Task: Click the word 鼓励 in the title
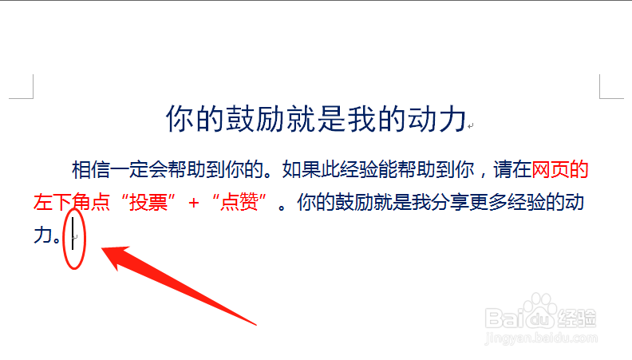click(255, 118)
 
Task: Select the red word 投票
click(148, 202)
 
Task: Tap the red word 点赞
click(239, 202)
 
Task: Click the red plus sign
click(194, 203)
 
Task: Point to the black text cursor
click(73, 233)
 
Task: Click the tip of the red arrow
click(101, 249)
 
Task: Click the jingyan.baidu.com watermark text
click(541, 338)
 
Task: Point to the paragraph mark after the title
click(470, 126)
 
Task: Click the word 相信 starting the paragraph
click(91, 169)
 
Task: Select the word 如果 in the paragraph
click(301, 169)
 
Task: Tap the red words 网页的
click(560, 169)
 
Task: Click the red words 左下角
click(62, 202)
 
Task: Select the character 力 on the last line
click(43, 235)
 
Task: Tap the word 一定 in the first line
click(129, 169)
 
